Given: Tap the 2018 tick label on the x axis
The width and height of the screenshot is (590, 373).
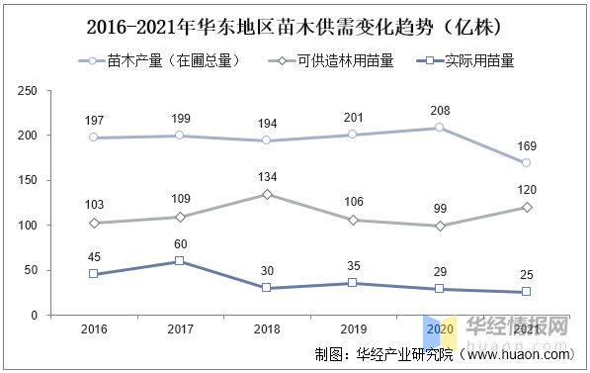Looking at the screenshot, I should [265, 329].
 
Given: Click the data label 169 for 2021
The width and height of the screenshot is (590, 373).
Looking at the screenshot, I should [526, 145].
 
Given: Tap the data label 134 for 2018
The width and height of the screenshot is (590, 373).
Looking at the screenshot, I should [265, 177].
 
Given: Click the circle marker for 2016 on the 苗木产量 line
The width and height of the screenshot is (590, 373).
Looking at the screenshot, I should [93, 138].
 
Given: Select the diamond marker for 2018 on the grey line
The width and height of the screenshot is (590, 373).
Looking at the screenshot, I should [265, 194].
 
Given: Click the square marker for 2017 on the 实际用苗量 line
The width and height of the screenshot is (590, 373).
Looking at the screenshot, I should [179, 261].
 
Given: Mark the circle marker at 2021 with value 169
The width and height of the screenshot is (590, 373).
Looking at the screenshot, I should [526, 162].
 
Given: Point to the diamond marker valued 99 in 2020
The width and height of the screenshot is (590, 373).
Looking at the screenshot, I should [439, 226].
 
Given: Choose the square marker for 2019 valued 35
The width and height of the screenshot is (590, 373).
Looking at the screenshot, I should [352, 283].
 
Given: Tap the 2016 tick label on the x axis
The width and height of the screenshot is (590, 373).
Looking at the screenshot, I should [93, 329].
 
